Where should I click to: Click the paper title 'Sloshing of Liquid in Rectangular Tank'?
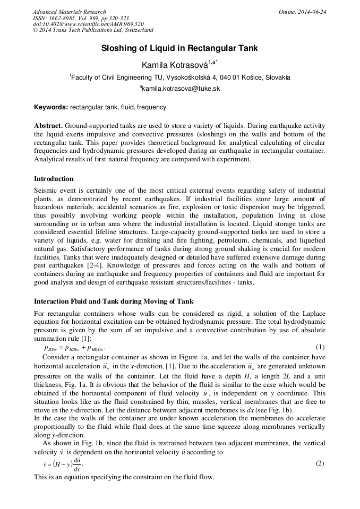pyautogui.click(x=179, y=48)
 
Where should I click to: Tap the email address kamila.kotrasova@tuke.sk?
pyautogui.click(x=180, y=89)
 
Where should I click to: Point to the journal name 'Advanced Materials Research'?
pyautogui.click(x=69, y=12)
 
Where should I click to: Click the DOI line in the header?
pyautogui.click(x=88, y=24)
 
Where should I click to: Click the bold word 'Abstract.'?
pyautogui.click(x=48, y=126)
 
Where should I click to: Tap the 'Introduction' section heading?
pyautogui.click(x=54, y=178)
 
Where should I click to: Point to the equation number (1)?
pyautogui.click(x=320, y=347)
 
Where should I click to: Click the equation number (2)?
pyautogui.click(x=320, y=463)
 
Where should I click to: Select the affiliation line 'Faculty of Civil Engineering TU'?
pyautogui.click(x=180, y=77)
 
